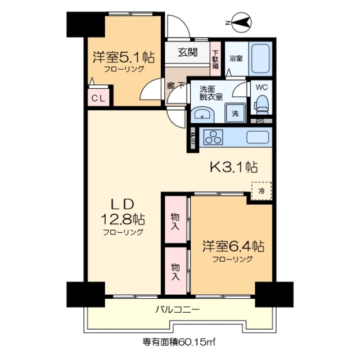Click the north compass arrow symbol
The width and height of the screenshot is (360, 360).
(241, 23)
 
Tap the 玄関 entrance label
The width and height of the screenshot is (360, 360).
(188, 53)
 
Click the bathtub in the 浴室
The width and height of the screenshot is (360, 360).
(261, 58)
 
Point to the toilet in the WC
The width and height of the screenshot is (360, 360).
(262, 104)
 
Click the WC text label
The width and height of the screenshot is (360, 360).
(262, 88)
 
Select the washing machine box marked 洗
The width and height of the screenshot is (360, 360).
(235, 113)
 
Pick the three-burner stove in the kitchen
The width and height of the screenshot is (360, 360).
(214, 137)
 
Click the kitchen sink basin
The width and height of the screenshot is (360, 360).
(258, 137)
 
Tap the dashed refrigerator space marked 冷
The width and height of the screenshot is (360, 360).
(261, 190)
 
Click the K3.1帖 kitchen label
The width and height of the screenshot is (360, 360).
(234, 167)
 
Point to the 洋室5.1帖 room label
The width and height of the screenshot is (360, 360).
(124, 57)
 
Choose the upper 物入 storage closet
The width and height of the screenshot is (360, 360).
(175, 222)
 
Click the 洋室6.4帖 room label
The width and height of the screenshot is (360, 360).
(233, 246)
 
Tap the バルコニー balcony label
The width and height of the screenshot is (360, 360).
(178, 309)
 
